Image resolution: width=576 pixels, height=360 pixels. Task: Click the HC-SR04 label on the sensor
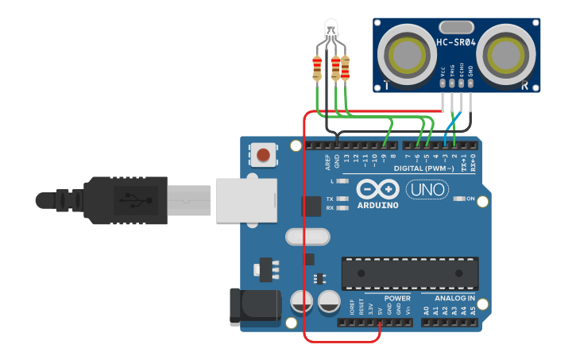point(456,42)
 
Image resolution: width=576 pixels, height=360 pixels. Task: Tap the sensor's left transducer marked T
point(407,53)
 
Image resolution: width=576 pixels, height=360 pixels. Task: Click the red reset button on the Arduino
point(263,153)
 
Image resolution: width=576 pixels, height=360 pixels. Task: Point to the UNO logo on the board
point(427,190)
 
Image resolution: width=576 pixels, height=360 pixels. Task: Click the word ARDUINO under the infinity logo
point(377,205)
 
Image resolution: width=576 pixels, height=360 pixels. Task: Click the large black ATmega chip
point(409,273)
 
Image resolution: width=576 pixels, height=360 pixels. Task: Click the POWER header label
point(397,299)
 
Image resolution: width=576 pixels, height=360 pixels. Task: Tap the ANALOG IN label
point(453,299)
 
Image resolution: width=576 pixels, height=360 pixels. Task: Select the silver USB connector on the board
point(246,199)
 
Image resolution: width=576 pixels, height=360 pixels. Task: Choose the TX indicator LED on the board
point(342,199)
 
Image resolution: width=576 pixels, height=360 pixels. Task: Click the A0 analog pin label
point(426,310)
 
